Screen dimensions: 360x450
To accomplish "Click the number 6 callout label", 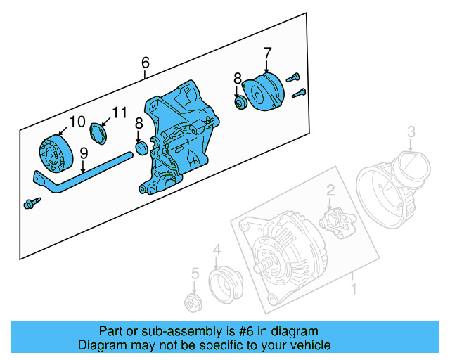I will [146, 63].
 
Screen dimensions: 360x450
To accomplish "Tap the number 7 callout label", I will [267, 53].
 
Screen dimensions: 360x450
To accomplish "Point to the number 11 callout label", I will [120, 112].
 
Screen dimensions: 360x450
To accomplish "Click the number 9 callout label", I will [83, 153].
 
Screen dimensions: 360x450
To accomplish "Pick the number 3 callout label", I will [412, 130].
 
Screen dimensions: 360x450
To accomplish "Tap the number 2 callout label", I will [329, 189].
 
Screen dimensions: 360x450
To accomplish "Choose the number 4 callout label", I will [217, 249].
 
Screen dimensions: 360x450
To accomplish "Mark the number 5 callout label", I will [195, 274].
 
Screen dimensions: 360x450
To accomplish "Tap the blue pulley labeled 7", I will [263, 93].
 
